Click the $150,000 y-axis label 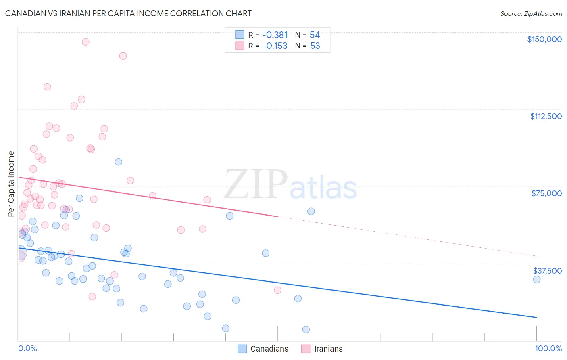point(544,39)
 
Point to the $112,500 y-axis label point(546,116)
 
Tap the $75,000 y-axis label point(546,193)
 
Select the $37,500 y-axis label point(547,271)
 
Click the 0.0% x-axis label point(27,348)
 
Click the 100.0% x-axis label point(548,348)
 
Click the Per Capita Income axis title point(11,184)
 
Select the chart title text point(128,13)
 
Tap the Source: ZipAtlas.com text point(531,13)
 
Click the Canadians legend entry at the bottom point(269,349)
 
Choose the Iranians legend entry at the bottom point(328,349)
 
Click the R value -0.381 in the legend point(275,35)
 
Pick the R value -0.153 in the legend point(275,46)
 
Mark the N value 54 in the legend point(315,35)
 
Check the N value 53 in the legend point(315,46)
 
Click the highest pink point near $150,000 point(85,42)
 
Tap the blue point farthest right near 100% point(536,279)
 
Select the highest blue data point point(118,162)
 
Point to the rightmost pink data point point(277,290)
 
